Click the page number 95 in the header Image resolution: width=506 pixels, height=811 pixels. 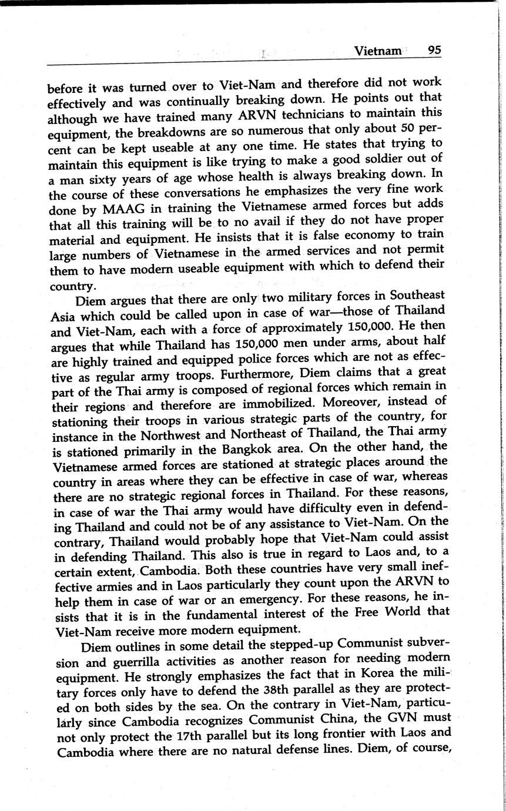click(x=434, y=51)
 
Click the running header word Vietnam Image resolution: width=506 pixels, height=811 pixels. click(x=378, y=51)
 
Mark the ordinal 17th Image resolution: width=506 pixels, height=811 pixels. click(x=175, y=735)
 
